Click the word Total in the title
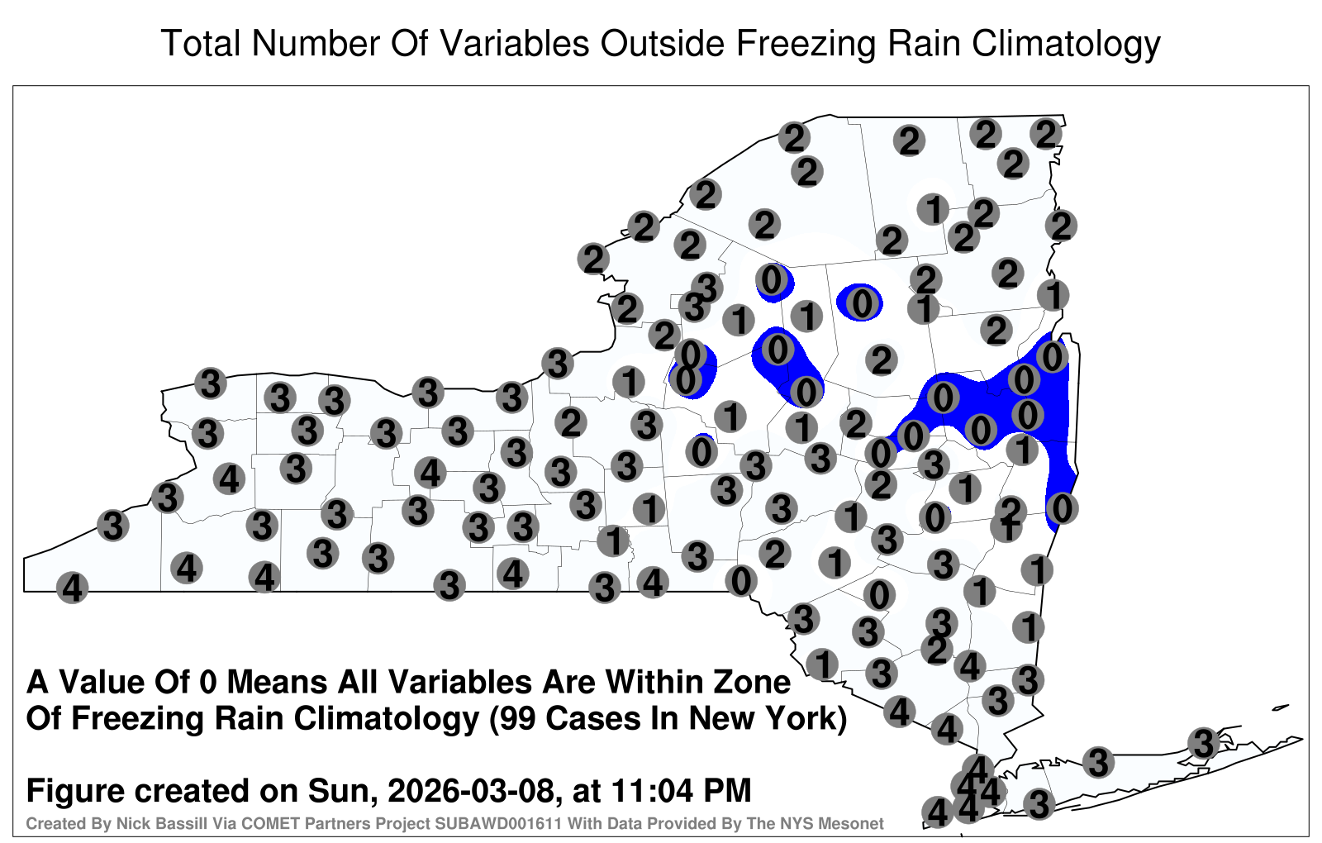(200, 43)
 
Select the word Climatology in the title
(1066, 45)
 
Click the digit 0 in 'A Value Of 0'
(207, 683)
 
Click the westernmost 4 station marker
(72, 588)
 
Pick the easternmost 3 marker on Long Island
(1203, 743)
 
